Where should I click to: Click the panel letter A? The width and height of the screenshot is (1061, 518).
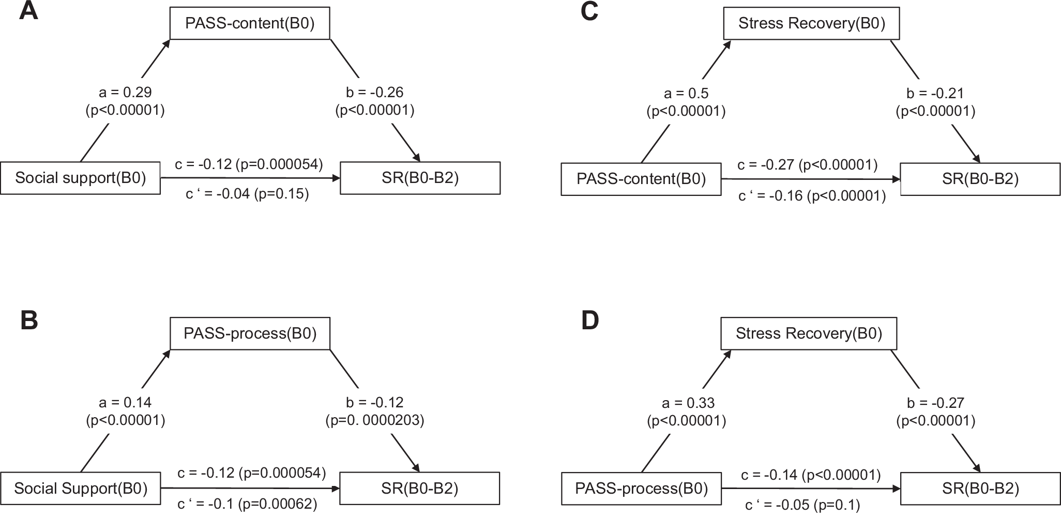pos(28,11)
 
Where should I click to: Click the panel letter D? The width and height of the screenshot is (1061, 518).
pos(590,321)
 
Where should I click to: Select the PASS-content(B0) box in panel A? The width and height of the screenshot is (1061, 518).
pos(250,24)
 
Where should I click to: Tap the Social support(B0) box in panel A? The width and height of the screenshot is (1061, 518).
pos(80,178)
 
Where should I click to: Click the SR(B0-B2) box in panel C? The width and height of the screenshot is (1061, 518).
pos(980,179)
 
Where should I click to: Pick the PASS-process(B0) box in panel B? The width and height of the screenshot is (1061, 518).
pos(250,334)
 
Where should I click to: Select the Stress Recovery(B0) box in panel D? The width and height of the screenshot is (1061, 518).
pos(809,334)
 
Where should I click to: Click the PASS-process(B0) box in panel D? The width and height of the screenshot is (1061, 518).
pos(641,489)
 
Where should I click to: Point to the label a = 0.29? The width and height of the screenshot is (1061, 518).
pos(125,93)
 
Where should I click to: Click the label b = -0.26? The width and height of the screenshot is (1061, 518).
pos(374,93)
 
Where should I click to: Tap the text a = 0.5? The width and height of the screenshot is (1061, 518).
pos(686,94)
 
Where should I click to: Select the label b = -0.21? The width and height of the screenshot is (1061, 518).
pos(935,94)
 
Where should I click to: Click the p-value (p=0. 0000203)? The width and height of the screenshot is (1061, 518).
pos(374,420)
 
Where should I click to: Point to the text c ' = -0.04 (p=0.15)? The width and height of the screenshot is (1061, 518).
pos(247,194)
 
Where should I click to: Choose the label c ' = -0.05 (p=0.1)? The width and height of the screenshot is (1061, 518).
pos(802,505)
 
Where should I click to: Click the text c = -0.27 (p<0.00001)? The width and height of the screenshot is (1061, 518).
pos(807,165)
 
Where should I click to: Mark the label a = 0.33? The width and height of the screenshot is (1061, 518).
pos(686,403)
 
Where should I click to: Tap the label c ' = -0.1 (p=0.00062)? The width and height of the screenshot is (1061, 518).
pos(247,504)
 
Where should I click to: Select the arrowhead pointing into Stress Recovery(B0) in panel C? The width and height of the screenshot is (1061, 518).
pos(728,43)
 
